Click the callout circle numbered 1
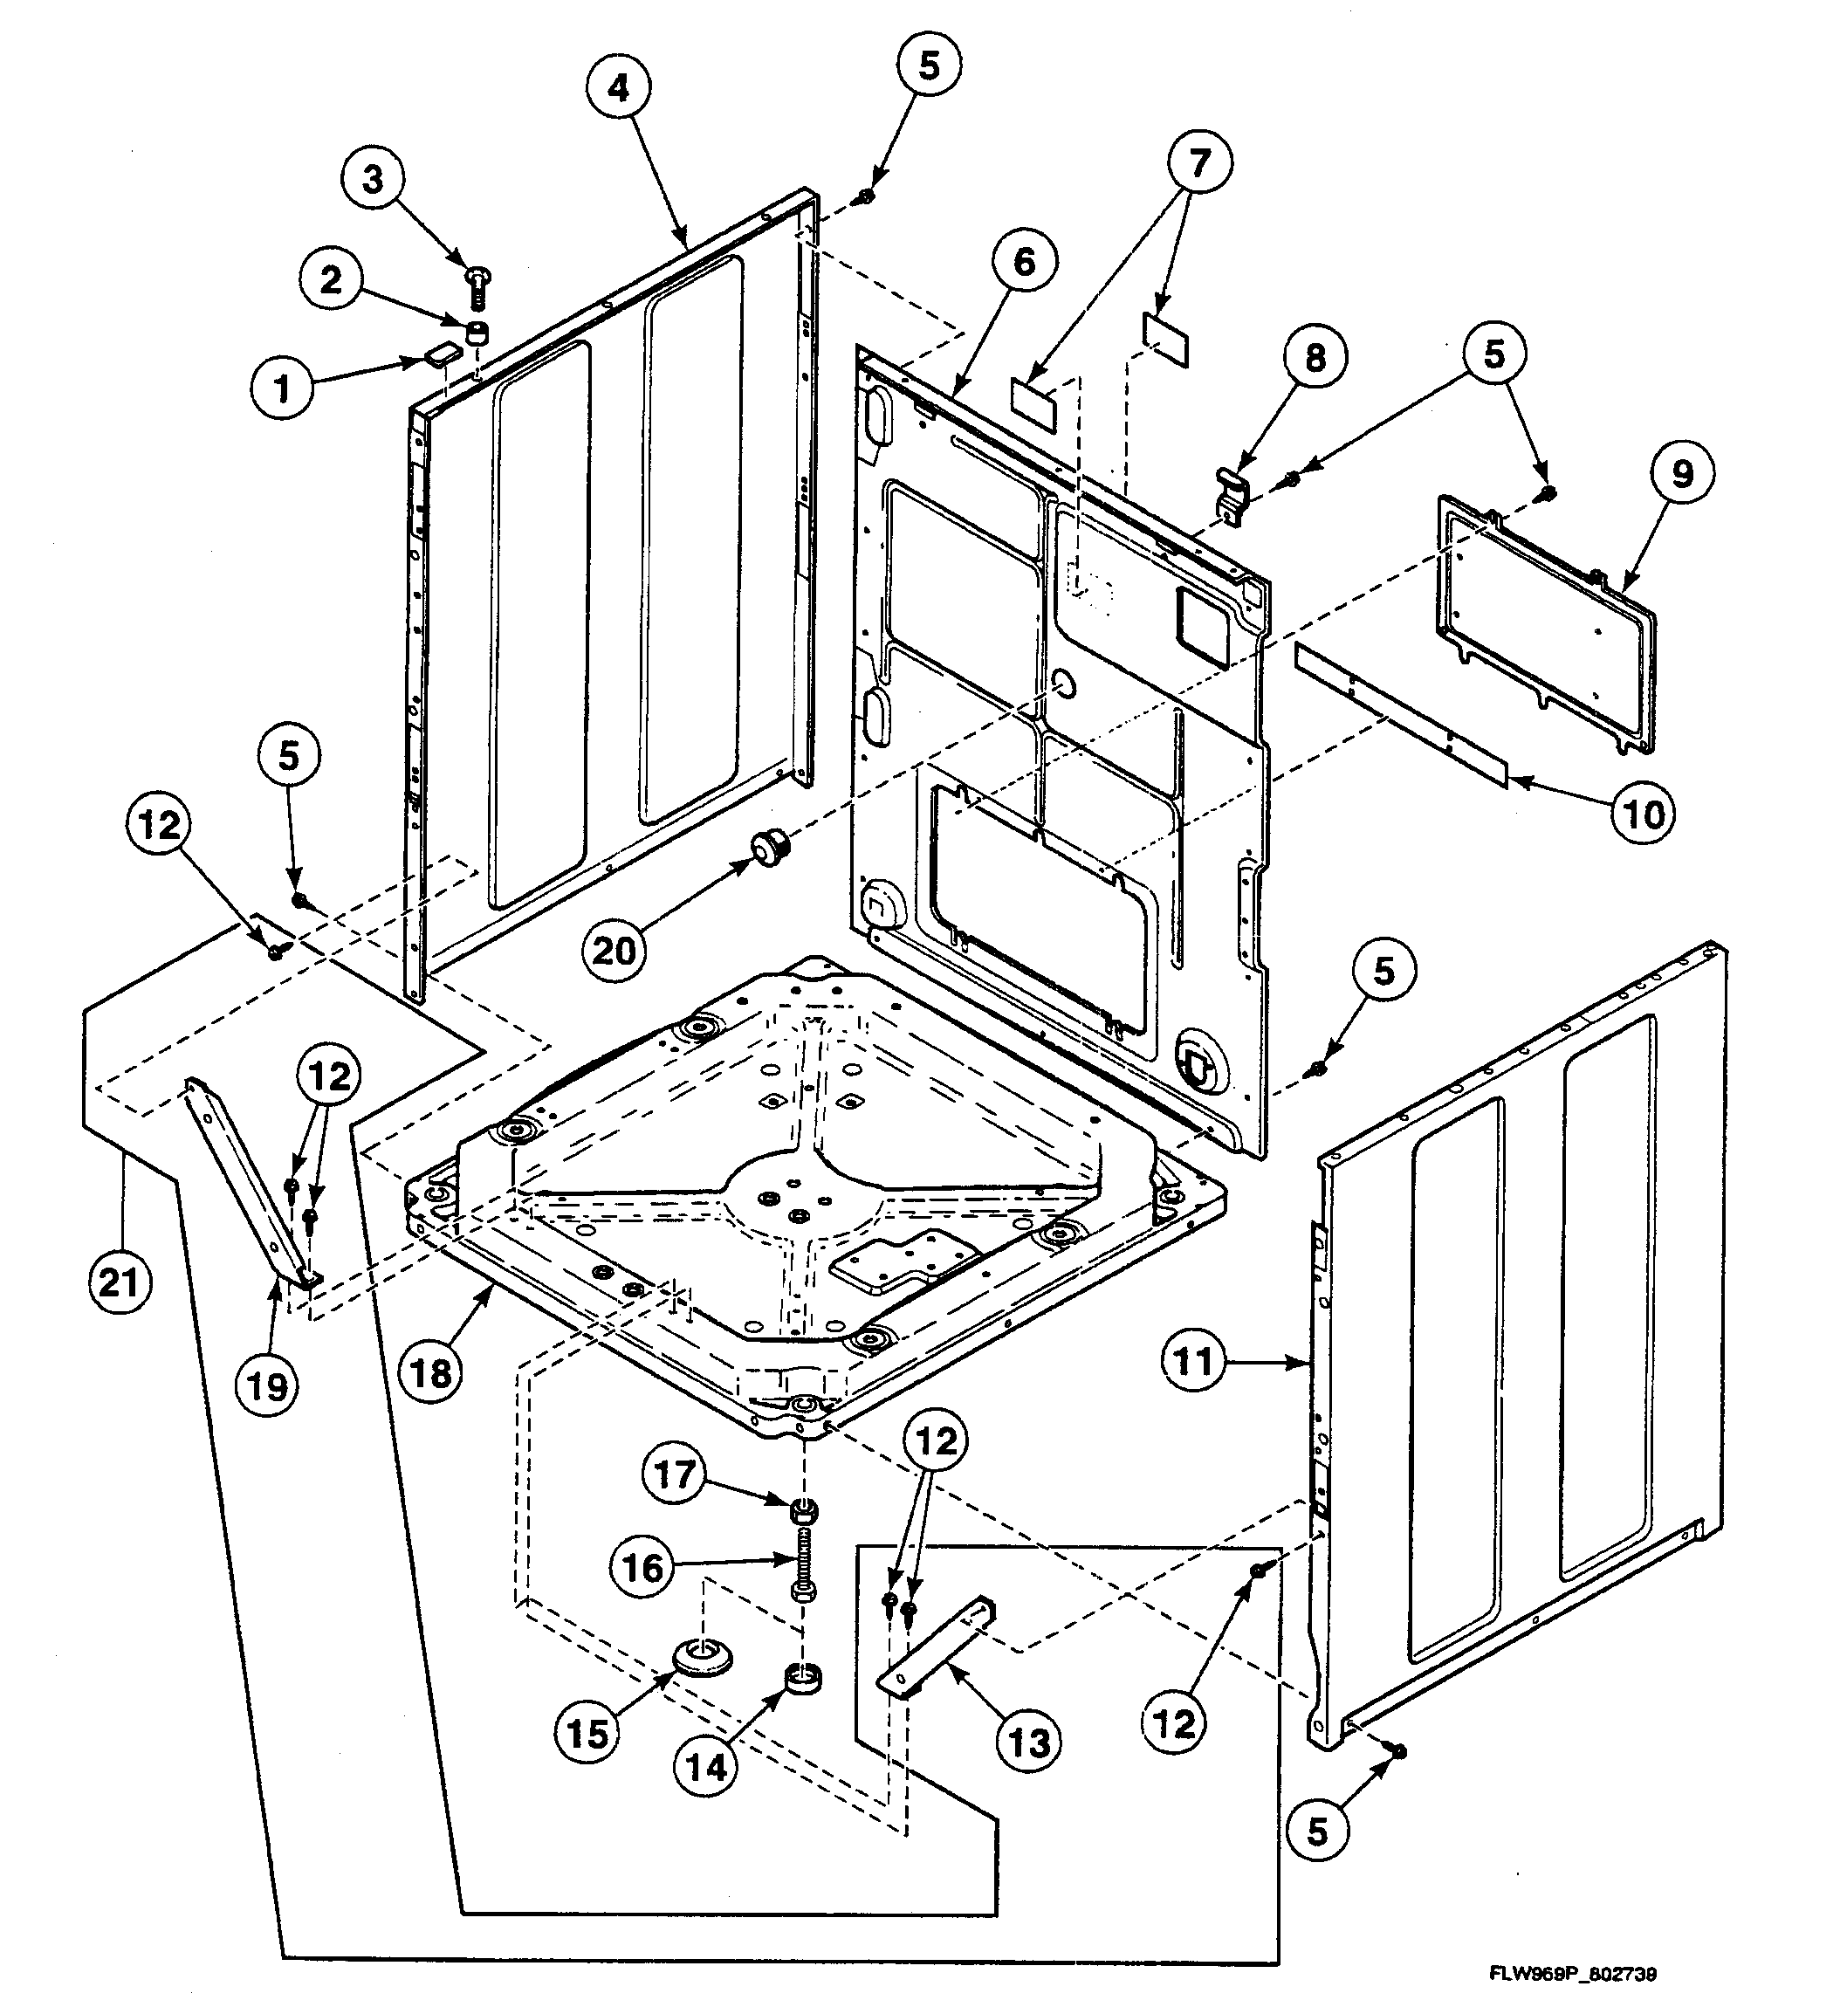(283, 388)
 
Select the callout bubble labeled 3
(372, 181)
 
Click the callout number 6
(1023, 263)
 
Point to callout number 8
(1315, 357)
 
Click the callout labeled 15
(587, 1733)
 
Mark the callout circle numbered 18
(431, 1372)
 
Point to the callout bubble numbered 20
(614, 950)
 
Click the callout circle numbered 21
(119, 1281)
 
